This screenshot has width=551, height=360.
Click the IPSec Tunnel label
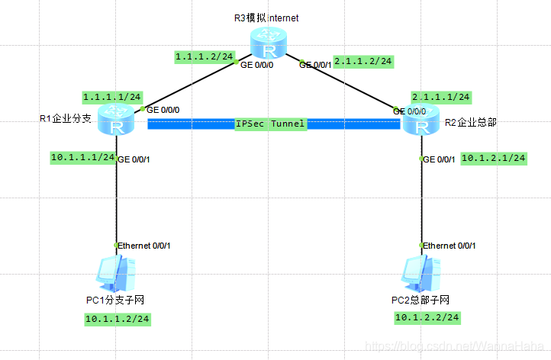[x=270, y=124]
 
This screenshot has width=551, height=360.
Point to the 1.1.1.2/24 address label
[x=203, y=57]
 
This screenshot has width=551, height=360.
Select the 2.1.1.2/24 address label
[x=364, y=61]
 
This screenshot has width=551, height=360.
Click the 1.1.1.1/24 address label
[x=111, y=98]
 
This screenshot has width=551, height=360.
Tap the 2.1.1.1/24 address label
[x=440, y=97]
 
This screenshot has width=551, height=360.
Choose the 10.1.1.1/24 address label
[x=82, y=157]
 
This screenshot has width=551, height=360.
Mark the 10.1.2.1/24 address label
[x=494, y=158]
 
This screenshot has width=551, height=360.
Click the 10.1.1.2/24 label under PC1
[x=117, y=318]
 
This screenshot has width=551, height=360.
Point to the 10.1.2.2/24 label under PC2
[x=427, y=317]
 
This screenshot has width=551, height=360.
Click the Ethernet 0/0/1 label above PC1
[x=145, y=245]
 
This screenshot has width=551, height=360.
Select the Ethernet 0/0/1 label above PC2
[x=450, y=245]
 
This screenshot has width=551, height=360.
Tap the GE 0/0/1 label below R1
[x=134, y=159]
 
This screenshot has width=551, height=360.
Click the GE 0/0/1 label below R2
[x=440, y=159]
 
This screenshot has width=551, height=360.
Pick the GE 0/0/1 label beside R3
[x=315, y=65]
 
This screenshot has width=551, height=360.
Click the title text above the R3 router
[x=267, y=17]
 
